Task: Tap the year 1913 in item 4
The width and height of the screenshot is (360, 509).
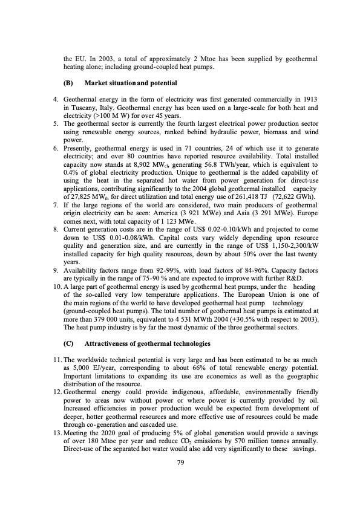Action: (x=309, y=98)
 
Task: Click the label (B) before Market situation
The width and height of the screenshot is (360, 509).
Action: (x=68, y=82)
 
